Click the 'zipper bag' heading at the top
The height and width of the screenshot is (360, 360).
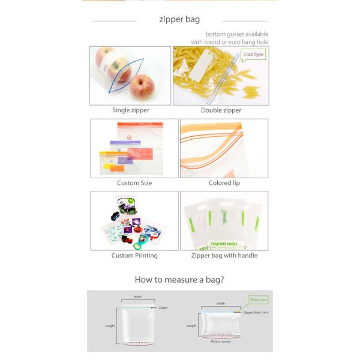(x=179, y=20)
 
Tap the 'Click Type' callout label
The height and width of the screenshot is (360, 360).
(x=253, y=55)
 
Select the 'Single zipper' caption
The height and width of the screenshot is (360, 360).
(x=131, y=110)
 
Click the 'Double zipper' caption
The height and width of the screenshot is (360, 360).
(x=221, y=110)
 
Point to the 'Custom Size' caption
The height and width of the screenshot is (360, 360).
(x=134, y=183)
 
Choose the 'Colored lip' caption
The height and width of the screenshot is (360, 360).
(x=224, y=183)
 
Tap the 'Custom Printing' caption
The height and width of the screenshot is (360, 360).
(x=134, y=256)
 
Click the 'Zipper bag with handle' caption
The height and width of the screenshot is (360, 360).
(x=224, y=256)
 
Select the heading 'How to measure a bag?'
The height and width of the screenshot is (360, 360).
(x=179, y=280)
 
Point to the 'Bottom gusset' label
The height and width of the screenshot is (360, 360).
(x=220, y=341)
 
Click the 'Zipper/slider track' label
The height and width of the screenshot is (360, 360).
(x=256, y=313)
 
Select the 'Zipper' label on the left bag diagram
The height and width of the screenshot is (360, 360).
(x=163, y=308)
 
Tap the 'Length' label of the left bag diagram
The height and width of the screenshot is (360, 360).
(x=110, y=326)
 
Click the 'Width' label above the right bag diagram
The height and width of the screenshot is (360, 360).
(x=221, y=304)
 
